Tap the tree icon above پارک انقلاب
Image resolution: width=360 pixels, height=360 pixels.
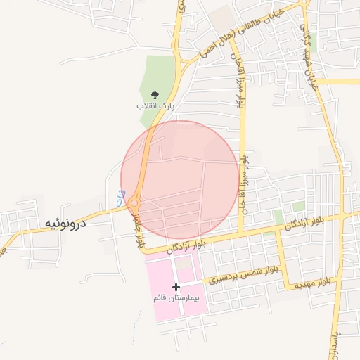[155, 94]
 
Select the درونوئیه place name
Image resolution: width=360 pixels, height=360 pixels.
[65, 224]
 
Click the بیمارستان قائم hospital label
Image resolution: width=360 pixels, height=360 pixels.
[176, 298]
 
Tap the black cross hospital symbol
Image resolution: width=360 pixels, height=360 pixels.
[176, 287]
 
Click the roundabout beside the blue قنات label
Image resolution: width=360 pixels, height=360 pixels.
[134, 204]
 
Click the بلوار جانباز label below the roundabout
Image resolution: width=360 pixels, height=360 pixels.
[138, 229]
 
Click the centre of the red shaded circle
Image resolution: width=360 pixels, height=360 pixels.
[180, 179]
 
